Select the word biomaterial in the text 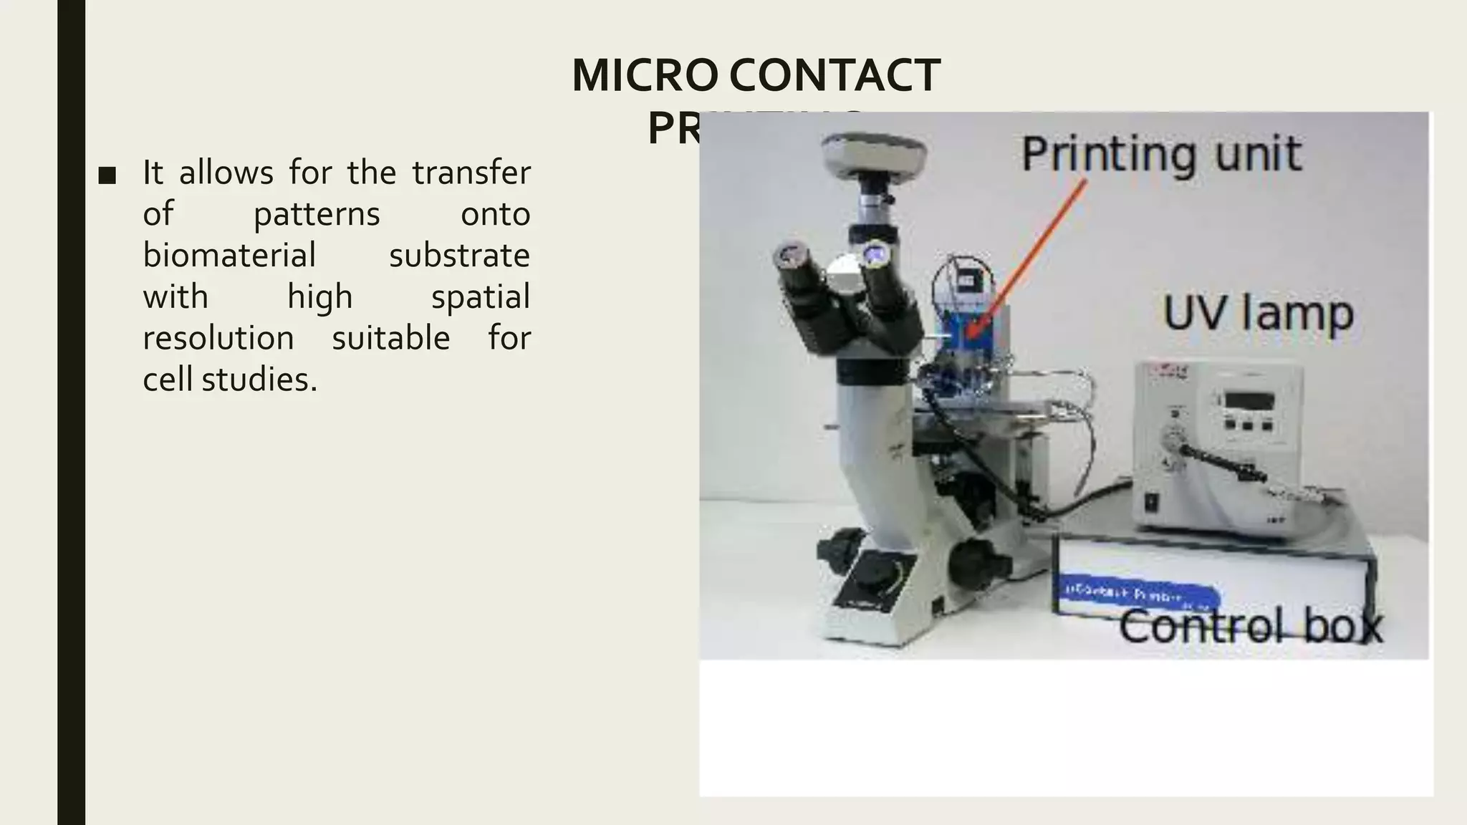click(229, 256)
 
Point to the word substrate click(459, 256)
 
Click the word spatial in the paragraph click(480, 297)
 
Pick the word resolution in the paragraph click(218, 338)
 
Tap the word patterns click(317, 214)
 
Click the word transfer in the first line click(471, 173)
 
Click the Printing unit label click(1160, 155)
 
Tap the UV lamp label click(1258, 314)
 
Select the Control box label click(1250, 626)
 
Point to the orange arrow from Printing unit click(1024, 258)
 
